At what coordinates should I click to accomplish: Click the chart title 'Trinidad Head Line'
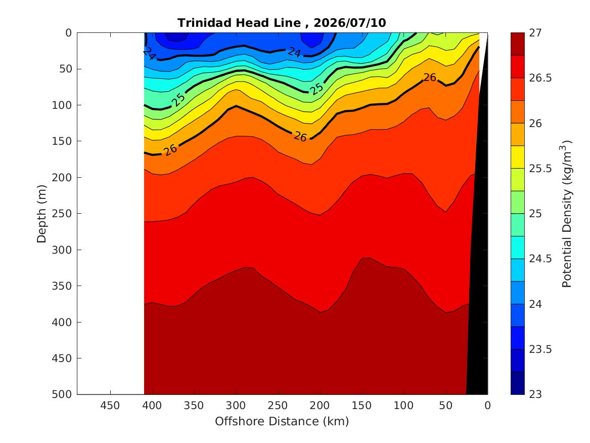(x=239, y=23)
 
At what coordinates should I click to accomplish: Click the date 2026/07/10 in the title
(x=349, y=23)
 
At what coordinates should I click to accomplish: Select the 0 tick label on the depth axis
(x=68, y=33)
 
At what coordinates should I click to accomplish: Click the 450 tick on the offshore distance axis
(x=110, y=406)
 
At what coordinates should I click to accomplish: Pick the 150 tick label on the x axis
(x=361, y=406)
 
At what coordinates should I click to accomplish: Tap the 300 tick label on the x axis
(x=236, y=406)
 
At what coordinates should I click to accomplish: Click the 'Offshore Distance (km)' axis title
(x=282, y=422)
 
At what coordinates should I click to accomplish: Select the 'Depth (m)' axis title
(x=41, y=214)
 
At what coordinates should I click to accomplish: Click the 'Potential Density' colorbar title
(x=567, y=214)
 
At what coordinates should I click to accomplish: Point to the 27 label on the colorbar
(x=535, y=33)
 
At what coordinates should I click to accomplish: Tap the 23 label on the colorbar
(x=535, y=394)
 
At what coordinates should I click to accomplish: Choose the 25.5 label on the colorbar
(x=540, y=169)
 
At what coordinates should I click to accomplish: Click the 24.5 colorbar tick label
(x=540, y=259)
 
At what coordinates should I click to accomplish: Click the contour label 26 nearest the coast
(x=430, y=77)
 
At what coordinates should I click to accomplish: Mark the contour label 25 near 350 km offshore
(x=178, y=99)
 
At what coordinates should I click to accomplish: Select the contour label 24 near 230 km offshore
(x=294, y=52)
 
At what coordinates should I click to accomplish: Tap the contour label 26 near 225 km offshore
(x=300, y=136)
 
